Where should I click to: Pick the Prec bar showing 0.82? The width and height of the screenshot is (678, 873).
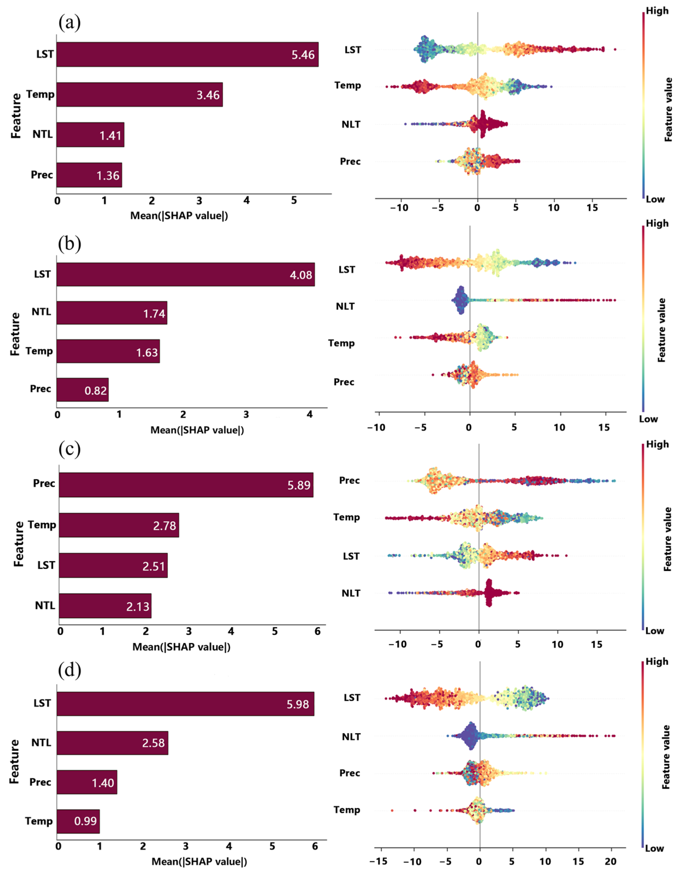tap(82, 390)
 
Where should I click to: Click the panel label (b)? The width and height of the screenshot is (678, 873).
tap(70, 243)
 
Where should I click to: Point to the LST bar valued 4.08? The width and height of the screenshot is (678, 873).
tap(185, 275)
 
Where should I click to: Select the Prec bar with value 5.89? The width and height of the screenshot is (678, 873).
tap(186, 485)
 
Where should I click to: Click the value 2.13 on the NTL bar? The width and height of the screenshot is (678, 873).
tap(138, 606)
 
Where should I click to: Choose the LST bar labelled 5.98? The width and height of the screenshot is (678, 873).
tap(185, 704)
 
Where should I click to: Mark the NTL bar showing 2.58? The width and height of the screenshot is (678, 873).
tap(112, 743)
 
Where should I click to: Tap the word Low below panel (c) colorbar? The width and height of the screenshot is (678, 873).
tap(655, 631)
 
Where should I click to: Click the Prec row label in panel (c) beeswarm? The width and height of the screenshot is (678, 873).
tap(349, 481)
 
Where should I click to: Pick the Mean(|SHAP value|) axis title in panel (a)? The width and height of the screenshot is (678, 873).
tap(179, 216)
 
